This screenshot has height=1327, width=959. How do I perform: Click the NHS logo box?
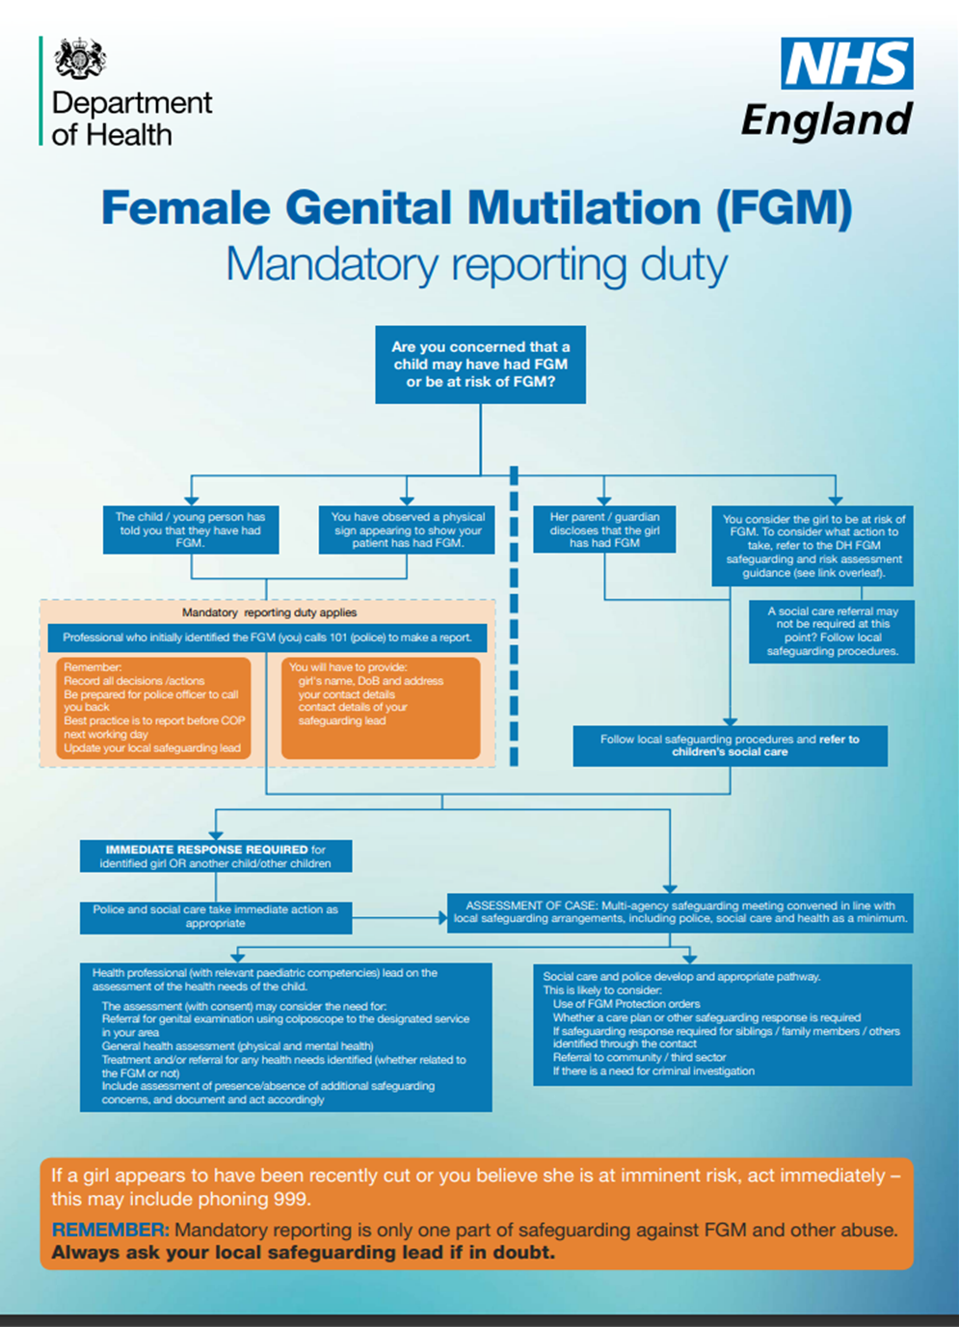[846, 64]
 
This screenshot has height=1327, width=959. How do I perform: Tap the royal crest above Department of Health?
[80, 60]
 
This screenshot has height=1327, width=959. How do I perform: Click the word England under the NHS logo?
[826, 120]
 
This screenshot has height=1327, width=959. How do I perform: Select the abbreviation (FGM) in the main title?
[784, 208]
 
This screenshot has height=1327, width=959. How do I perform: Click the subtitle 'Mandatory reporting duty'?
[476, 264]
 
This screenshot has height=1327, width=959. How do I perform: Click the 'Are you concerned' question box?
[480, 365]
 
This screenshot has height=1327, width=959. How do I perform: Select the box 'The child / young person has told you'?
[191, 529]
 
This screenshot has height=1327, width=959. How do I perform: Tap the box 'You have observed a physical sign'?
[407, 529]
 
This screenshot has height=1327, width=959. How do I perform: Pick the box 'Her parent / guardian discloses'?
[604, 529]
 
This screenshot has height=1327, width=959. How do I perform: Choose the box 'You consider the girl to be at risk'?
[813, 546]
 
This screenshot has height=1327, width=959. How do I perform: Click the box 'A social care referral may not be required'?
[832, 632]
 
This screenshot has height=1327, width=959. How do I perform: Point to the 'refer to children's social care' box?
[730, 745]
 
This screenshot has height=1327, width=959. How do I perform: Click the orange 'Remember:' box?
[154, 708]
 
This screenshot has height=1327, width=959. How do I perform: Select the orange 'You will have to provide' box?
[381, 708]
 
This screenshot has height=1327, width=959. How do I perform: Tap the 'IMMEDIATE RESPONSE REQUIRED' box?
[216, 856]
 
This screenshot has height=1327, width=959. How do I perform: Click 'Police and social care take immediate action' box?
[216, 916]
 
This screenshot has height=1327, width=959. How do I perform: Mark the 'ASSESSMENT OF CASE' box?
[679, 912]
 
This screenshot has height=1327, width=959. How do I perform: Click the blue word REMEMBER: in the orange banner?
[110, 1231]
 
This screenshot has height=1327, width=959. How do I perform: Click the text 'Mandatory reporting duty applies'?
[269, 612]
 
